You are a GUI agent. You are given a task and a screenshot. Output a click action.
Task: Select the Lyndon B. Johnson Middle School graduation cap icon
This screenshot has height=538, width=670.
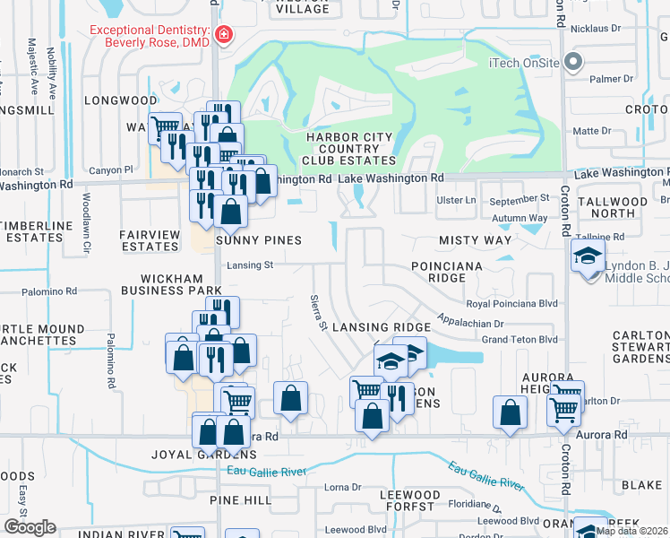click(587, 258)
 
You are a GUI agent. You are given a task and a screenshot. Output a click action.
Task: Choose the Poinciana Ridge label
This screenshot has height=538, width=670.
click(447, 273)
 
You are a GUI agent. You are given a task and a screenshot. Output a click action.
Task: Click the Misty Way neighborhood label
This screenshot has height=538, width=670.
click(475, 240)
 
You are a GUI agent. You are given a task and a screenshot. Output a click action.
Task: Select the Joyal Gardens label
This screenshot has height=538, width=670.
click(198, 455)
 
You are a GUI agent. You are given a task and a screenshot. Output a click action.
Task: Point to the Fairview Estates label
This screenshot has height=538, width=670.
click(150, 240)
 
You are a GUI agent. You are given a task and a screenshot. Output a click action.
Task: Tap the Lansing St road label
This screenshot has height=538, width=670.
click(251, 265)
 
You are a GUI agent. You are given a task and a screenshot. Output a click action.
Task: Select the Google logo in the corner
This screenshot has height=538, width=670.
click(30, 527)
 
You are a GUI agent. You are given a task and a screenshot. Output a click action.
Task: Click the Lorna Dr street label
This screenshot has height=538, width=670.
click(342, 488)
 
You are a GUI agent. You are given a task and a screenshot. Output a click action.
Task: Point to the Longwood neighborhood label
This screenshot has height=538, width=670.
click(121, 100)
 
